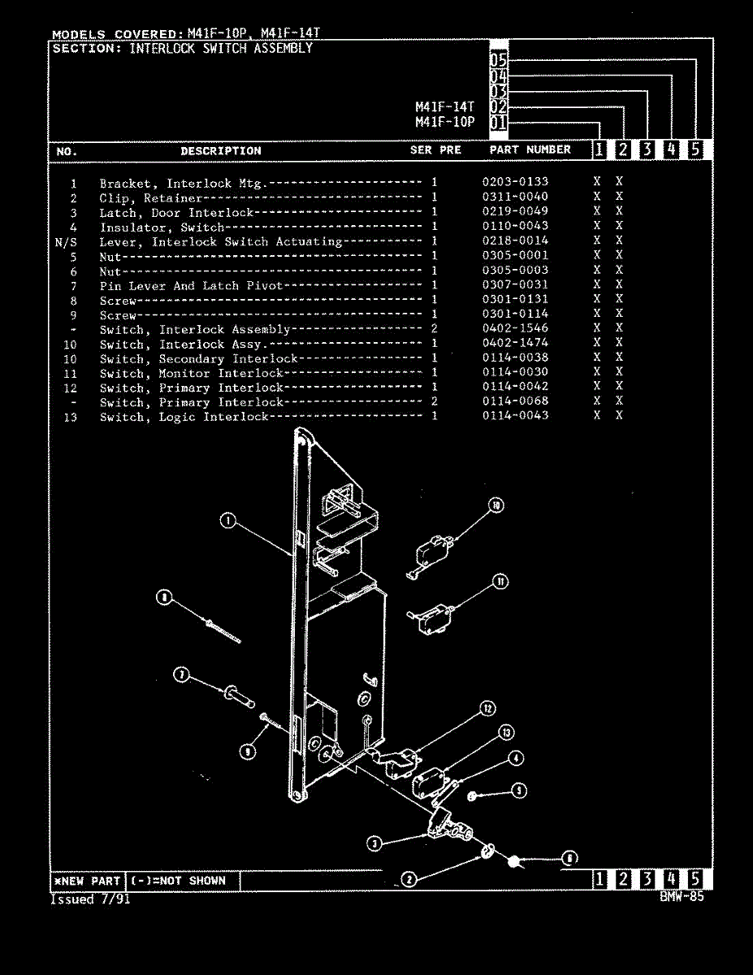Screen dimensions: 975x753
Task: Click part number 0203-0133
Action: click(515, 182)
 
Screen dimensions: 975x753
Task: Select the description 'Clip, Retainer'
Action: click(150, 197)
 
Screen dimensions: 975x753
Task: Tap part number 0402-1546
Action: click(515, 328)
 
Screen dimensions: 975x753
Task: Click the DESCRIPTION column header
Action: click(221, 151)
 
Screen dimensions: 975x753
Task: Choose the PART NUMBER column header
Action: click(530, 150)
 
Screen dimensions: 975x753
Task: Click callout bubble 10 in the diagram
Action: click(496, 505)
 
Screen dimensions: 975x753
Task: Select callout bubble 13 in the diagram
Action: click(505, 733)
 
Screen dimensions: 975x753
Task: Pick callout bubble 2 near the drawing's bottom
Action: click(409, 878)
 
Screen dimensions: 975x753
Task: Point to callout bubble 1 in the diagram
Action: click(228, 522)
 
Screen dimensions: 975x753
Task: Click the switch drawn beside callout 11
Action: click(431, 615)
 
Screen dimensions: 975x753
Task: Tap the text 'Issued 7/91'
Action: click(90, 899)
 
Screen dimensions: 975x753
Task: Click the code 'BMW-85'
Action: click(682, 896)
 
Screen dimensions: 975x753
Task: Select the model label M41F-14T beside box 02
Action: click(444, 106)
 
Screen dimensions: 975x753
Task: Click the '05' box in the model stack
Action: click(499, 59)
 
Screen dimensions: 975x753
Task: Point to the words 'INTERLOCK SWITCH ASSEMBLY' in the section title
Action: click(221, 48)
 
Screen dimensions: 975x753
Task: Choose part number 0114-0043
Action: click(515, 415)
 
